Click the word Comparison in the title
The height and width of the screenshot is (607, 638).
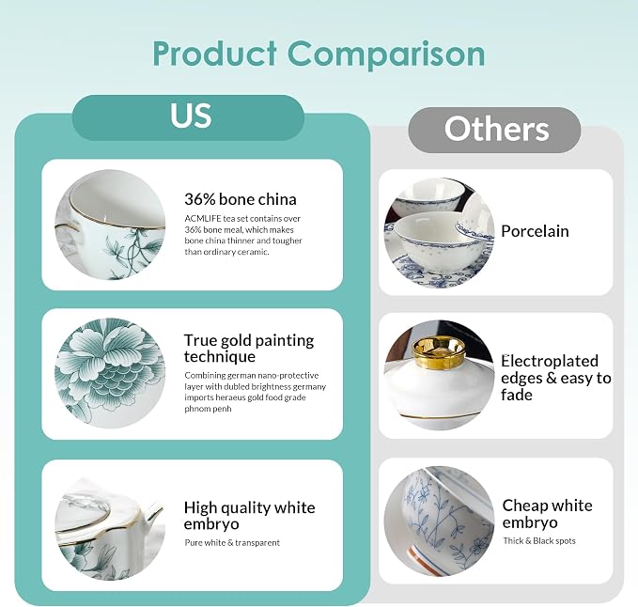tap(386, 55)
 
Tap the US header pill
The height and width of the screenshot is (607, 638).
tap(188, 117)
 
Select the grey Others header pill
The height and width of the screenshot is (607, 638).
tap(494, 130)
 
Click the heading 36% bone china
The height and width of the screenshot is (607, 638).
tap(241, 199)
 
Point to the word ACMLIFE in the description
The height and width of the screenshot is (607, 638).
tap(203, 219)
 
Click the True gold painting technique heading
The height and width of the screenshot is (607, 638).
tap(249, 349)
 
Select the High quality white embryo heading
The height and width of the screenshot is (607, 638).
tap(249, 516)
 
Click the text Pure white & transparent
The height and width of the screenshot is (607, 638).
tap(232, 543)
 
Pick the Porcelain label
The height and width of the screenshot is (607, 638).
tap(535, 231)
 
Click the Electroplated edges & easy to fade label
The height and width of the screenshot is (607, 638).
tap(556, 378)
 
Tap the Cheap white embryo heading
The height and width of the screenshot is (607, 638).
tap(547, 514)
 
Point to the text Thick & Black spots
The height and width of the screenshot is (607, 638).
tap(539, 540)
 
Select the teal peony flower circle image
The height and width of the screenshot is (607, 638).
tap(110, 373)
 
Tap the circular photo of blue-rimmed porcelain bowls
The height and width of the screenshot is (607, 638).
tap(439, 233)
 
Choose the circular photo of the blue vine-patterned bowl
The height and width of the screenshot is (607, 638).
tap(439, 521)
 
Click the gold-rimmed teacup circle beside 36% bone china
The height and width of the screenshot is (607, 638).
tap(110, 225)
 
